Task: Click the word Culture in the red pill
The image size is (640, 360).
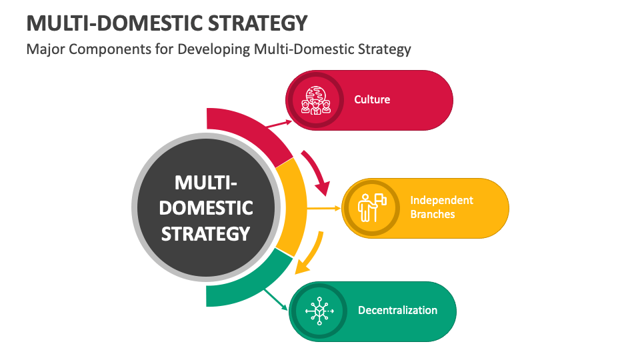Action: click(372, 99)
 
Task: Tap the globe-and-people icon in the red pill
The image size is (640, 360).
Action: click(316, 101)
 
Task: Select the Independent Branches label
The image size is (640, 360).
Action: click(441, 207)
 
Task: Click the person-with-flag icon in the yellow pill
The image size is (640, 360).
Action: click(372, 208)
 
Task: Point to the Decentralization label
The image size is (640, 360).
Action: click(397, 310)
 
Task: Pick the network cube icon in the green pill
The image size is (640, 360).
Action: click(319, 311)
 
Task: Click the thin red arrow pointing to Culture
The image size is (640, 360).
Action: click(279, 124)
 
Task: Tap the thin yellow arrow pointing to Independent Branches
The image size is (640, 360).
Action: click(323, 208)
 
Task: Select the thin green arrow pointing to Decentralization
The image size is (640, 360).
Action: click(275, 300)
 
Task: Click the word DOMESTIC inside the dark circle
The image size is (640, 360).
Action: click(206, 208)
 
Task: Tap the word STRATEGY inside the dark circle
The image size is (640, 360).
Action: click(205, 233)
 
